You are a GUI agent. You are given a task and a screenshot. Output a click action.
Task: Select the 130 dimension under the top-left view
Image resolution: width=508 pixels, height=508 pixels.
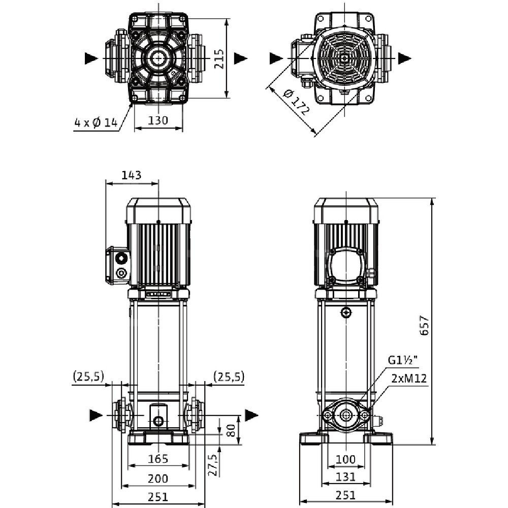tap(158, 121)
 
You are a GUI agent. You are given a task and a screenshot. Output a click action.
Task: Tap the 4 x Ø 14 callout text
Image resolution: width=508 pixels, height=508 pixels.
tap(96, 122)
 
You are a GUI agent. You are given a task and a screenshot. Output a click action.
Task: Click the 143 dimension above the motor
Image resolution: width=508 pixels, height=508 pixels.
tap(132, 175)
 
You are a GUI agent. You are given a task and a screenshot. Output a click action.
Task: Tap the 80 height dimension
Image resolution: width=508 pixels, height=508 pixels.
tap(230, 431)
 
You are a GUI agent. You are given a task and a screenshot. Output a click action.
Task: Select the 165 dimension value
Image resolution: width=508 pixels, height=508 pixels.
tap(158, 459)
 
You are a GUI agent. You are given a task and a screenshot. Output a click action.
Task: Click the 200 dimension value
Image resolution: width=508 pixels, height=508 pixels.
tap(158, 478)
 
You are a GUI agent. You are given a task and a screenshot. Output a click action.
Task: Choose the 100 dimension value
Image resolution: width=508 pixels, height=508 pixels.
tap(345, 459)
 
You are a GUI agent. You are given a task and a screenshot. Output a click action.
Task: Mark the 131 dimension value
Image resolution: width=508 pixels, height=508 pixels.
tap(345, 478)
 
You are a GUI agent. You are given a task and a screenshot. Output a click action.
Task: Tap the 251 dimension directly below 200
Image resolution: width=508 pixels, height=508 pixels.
tap(158, 496)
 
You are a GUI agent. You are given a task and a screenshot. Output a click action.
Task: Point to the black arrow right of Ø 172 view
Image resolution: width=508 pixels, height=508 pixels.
tap(404, 58)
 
